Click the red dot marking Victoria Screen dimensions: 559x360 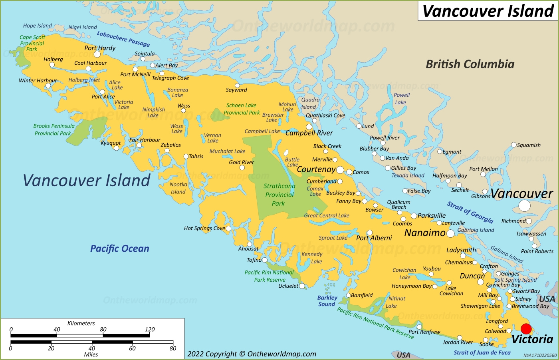pyautogui.click(x=526, y=329)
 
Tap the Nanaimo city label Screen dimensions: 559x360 pyautogui.click(x=425, y=233)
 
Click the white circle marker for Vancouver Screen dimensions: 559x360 pyautogui.click(x=524, y=206)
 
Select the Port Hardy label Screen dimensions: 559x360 pyautogui.click(x=100, y=48)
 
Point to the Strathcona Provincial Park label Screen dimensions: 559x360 pyautogui.click(x=279, y=195)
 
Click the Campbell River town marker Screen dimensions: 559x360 pyautogui.click(x=309, y=127)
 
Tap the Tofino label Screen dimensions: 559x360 pyautogui.click(x=254, y=260)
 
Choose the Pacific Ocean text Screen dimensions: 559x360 pyautogui.click(x=119, y=249)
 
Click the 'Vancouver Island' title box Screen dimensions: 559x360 pyautogui.click(x=488, y=11)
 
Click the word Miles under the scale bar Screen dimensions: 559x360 pyautogui.click(x=91, y=354)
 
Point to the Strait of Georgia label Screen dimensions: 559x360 pyautogui.click(x=470, y=212)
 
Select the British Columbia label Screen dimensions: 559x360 pyautogui.click(x=470, y=64)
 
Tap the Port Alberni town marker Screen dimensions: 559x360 pyautogui.click(x=370, y=233)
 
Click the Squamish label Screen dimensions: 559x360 pyautogui.click(x=529, y=145)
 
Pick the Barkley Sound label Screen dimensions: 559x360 pyautogui.click(x=327, y=301)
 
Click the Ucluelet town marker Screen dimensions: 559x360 pyautogui.click(x=302, y=286)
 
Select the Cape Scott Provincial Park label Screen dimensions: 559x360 pyautogui.click(x=32, y=43)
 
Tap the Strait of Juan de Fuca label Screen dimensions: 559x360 pyautogui.click(x=482, y=352)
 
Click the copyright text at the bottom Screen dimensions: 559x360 pyautogui.click(x=252, y=354)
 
